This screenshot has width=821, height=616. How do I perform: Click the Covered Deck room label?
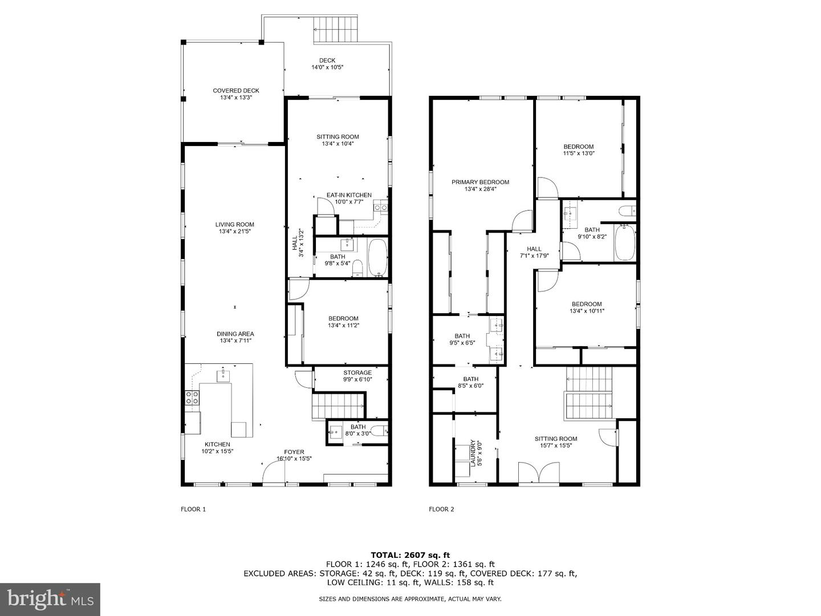(x=235, y=94)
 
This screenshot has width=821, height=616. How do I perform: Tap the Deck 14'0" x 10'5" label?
(x=327, y=64)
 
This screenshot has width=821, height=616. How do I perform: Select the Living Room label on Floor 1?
(x=234, y=228)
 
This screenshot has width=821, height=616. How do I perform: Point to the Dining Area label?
(x=235, y=337)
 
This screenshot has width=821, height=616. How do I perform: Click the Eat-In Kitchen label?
(x=348, y=198)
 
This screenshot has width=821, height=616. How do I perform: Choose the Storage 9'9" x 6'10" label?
(x=357, y=376)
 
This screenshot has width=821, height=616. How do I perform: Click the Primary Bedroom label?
(x=480, y=185)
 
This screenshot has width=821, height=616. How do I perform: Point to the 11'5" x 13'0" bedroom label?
(x=578, y=150)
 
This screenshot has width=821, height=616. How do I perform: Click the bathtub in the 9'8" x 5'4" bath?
(x=377, y=258)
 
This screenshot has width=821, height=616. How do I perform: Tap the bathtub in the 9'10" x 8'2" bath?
(x=625, y=243)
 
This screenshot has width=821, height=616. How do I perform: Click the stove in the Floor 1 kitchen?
(x=192, y=397)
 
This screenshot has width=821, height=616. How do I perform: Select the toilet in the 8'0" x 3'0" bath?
(x=378, y=431)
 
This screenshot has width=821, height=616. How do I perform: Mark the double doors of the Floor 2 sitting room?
(x=539, y=473)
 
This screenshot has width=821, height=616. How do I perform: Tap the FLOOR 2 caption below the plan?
(x=441, y=509)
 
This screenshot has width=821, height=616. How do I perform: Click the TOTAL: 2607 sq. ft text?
(x=410, y=554)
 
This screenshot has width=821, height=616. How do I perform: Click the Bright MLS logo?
(x=50, y=599)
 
